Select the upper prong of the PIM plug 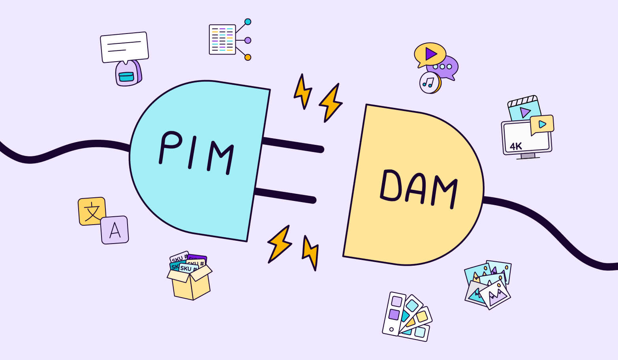(293, 144)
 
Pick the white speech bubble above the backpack (124, 47)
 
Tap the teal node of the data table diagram (248, 22)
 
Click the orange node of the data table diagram (248, 57)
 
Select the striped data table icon (222, 39)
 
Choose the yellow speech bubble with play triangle (430, 54)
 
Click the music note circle (429, 82)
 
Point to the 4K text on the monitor (516, 146)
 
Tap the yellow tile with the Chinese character (92, 211)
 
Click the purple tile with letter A (115, 230)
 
